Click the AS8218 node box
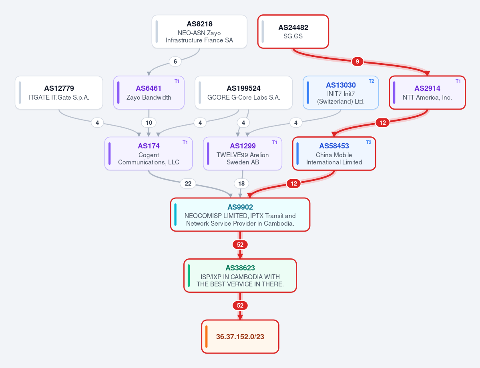point(199,32)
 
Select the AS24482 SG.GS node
point(293,32)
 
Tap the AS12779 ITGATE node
point(59,93)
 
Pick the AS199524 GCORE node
point(243,93)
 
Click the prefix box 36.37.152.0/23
point(240,336)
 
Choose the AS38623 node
point(240,276)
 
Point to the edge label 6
point(175,62)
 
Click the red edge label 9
point(357,62)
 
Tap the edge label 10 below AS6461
point(149,123)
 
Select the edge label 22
point(188,184)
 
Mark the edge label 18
point(241,184)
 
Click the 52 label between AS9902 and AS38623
point(240,245)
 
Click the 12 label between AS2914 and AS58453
point(383,123)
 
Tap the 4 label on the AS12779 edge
point(97,123)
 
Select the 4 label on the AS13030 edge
point(296,123)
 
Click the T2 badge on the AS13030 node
point(372,81)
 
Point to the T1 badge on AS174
point(185,142)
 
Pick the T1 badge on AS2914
point(458,81)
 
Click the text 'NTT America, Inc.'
point(427,97)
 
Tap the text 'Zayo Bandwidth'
point(149,97)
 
